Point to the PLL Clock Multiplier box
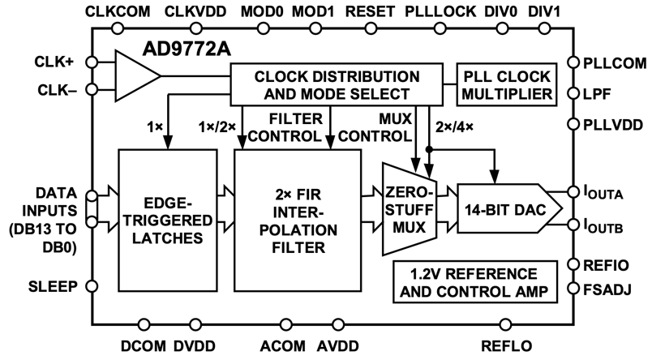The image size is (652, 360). tap(507, 84)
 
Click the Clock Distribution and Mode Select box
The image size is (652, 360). tap(339, 84)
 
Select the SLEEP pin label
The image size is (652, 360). tap(53, 285)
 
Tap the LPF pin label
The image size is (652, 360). tap(605, 92)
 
